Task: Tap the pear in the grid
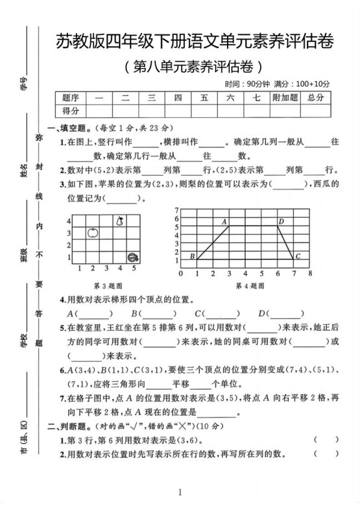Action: pyautogui.click(x=119, y=220)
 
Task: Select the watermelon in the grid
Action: pyautogui.click(x=133, y=257)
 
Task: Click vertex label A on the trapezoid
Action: pyautogui.click(x=224, y=222)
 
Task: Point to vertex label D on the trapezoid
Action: pyautogui.click(x=281, y=222)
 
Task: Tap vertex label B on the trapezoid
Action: pyautogui.click(x=192, y=257)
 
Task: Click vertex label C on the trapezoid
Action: pyautogui.click(x=298, y=257)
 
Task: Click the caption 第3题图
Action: pyautogui.click(x=105, y=285)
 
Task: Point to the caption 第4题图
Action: pyautogui.click(x=250, y=285)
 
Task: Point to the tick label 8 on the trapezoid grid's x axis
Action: pyautogui.click(x=310, y=273)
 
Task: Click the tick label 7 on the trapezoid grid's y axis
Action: pyautogui.click(x=176, y=210)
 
